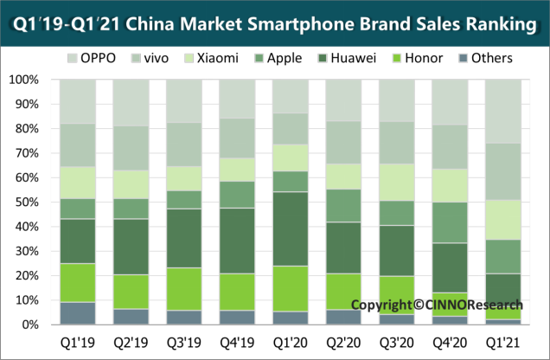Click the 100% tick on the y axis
[x=25, y=80]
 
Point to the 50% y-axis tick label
[x=29, y=202]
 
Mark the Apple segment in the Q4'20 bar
[x=451, y=222]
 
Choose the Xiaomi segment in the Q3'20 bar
[x=397, y=183]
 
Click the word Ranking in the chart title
[x=496, y=25]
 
